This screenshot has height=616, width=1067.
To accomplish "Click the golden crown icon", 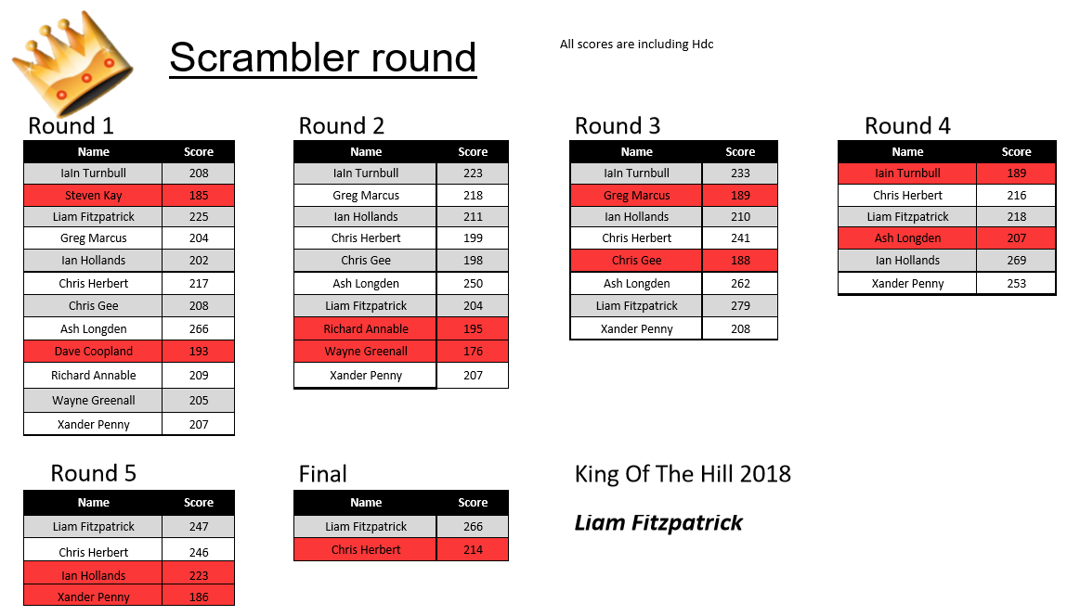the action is (x=72, y=62).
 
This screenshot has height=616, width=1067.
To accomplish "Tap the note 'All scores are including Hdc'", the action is (x=636, y=45).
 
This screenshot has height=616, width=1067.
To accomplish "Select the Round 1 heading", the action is (x=71, y=126).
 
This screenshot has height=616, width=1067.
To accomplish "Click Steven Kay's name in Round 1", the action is (x=93, y=195).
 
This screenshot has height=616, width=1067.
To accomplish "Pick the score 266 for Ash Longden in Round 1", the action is (x=199, y=328).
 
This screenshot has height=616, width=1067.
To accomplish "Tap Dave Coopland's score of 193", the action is (x=199, y=351).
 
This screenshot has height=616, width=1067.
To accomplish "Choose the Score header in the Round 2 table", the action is (x=473, y=151).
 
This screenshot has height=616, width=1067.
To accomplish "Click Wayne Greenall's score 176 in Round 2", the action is (x=473, y=351).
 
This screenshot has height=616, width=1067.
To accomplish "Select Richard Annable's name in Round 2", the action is (x=366, y=328).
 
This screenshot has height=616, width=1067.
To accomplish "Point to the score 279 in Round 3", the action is (x=740, y=305).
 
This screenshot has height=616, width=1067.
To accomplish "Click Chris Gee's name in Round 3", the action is (x=637, y=260).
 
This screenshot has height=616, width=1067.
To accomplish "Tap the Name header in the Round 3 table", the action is (x=637, y=151).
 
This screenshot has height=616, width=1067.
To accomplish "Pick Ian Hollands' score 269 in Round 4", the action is (x=1017, y=260).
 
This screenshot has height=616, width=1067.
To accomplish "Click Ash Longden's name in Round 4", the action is (x=908, y=238).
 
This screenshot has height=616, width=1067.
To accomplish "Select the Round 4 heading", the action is (x=908, y=126).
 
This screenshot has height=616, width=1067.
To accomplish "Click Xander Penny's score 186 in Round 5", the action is (x=199, y=597).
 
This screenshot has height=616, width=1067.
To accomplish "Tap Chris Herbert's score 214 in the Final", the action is (x=473, y=549).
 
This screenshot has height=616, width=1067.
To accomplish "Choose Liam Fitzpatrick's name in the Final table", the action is (x=366, y=526).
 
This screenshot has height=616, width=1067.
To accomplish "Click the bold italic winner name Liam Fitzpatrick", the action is (x=658, y=522).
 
